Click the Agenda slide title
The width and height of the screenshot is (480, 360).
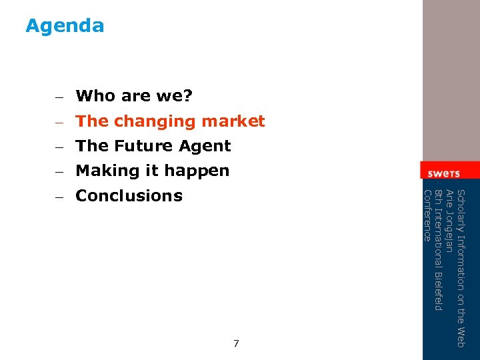click(65, 26)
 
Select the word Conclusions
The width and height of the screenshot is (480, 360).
click(129, 196)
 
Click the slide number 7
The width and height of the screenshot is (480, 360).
click(236, 343)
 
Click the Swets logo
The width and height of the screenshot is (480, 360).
click(443, 173)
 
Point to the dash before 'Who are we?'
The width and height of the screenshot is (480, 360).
click(59, 97)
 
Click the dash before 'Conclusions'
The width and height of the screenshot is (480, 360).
click(59, 197)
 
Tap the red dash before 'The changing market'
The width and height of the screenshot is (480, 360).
click(59, 122)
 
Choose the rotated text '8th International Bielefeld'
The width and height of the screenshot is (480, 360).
click(438, 250)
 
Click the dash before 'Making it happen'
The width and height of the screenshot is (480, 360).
click(59, 171)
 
